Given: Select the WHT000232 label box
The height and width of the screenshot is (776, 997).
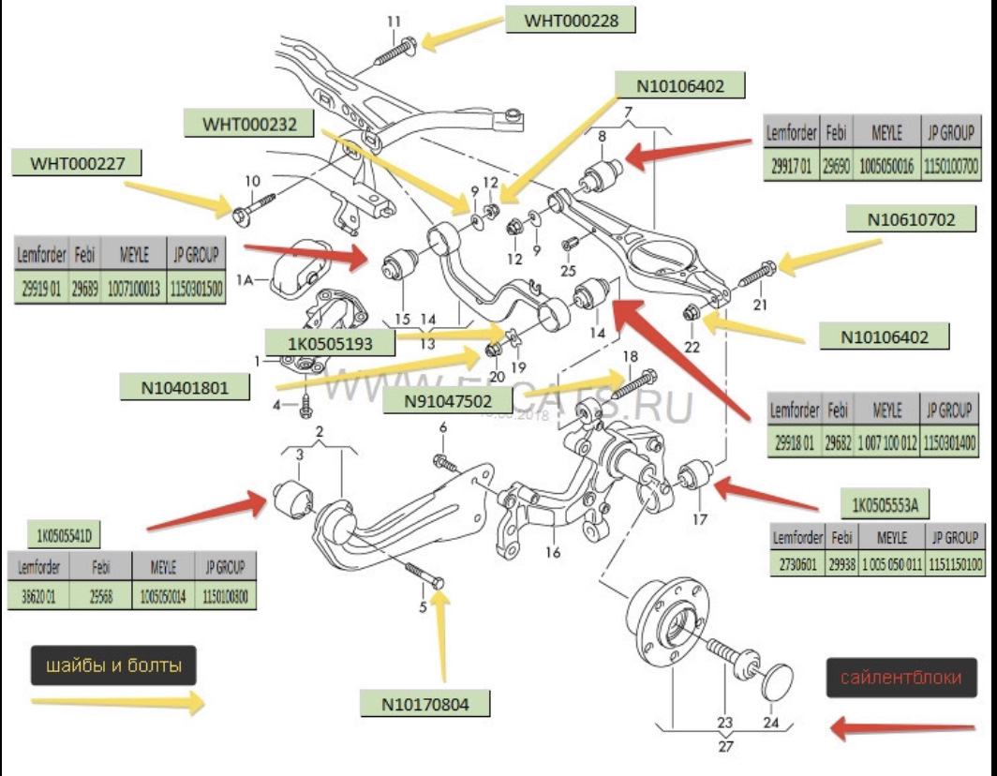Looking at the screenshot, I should coord(246,123).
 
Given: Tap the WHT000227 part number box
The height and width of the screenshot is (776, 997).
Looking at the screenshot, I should coord(77,163).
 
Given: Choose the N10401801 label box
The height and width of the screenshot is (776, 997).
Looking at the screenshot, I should coord(185,387).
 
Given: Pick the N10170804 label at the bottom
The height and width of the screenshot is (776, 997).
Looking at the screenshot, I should coord(424,702).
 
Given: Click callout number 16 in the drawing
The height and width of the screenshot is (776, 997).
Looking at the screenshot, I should coord(553,552).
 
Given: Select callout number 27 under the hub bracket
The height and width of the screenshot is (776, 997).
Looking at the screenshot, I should coord(726,746).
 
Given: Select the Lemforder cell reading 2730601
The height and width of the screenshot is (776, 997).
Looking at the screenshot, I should coord(796,564).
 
